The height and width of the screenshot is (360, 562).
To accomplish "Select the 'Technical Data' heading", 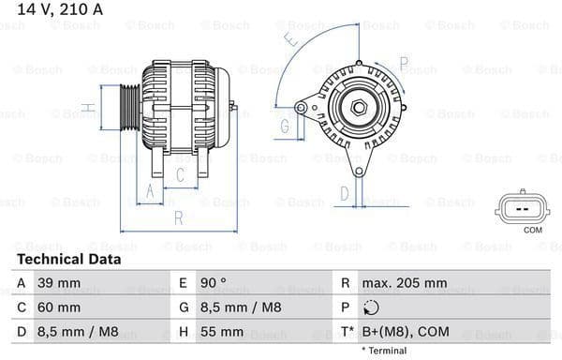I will point(68,260).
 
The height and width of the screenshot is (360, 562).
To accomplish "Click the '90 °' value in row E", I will point(213,282).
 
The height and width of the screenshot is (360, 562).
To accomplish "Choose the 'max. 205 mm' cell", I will point(406,282).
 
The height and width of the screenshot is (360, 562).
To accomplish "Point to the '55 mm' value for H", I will point(224,332).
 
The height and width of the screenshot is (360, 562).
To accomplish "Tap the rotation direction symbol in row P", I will point(371,307).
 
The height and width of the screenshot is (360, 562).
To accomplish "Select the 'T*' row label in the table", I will point(347,332).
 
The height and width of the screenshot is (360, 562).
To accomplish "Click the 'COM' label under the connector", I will point(532,230).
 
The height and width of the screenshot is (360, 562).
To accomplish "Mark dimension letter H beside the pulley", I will point(87,108).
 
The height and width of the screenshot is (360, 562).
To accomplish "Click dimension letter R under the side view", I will point(178,219).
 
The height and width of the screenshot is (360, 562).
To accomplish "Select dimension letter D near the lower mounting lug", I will point(344,194).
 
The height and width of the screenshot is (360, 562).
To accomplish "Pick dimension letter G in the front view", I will point(284,127).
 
